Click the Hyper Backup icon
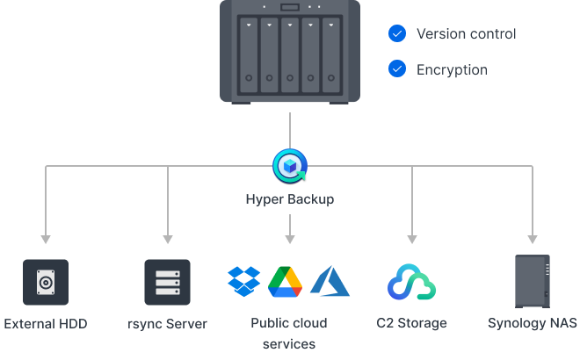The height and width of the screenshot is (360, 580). click(x=289, y=163)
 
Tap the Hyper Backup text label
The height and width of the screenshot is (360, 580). click(x=289, y=199)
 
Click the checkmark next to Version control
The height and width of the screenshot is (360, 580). click(x=397, y=34)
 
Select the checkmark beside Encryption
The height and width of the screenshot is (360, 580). click(x=397, y=68)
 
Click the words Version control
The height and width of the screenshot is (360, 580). click(x=466, y=34)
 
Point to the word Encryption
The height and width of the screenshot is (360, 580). click(x=451, y=68)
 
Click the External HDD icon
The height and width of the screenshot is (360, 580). click(x=46, y=282)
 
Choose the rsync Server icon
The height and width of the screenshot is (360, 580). click(x=167, y=282)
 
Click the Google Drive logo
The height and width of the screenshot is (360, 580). click(x=285, y=281)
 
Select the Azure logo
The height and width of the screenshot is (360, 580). click(x=330, y=281)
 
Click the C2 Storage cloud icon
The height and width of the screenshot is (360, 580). click(x=412, y=282)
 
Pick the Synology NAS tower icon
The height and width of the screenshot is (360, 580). click(x=532, y=281)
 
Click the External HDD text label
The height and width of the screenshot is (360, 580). click(x=46, y=323)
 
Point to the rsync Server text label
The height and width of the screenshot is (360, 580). click(x=167, y=323)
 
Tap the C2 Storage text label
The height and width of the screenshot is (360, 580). click(x=412, y=323)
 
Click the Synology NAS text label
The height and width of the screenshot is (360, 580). click(x=533, y=323)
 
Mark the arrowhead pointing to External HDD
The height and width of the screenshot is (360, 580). click(x=46, y=239)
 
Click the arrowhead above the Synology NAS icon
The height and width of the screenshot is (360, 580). click(x=532, y=239)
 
